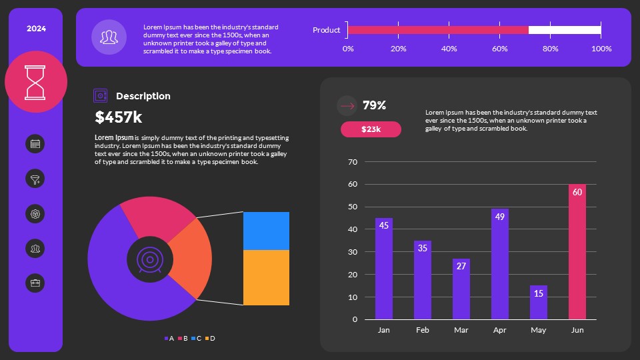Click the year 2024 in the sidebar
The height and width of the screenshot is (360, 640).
pos(36,29)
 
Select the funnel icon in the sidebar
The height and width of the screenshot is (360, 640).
pos(35,179)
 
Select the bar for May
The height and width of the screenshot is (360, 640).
pos(539,303)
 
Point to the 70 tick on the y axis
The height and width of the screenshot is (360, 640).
pos(353,162)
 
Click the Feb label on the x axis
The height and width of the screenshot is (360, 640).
pos(422,330)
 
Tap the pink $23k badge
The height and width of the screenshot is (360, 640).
pos(371,129)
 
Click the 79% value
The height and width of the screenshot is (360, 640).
pos(374,105)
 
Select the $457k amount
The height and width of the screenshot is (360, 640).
pos(119,118)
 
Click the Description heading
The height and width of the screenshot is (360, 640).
pos(143,96)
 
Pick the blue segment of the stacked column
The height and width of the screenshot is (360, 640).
pos(266,231)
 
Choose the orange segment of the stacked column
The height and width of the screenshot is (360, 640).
pos(266,277)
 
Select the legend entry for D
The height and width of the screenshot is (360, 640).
pos(210,339)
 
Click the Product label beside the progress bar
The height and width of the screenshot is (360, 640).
pos(326,30)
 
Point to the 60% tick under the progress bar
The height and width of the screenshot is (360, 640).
pos(499,49)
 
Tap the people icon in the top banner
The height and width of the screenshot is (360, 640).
pos(109,37)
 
